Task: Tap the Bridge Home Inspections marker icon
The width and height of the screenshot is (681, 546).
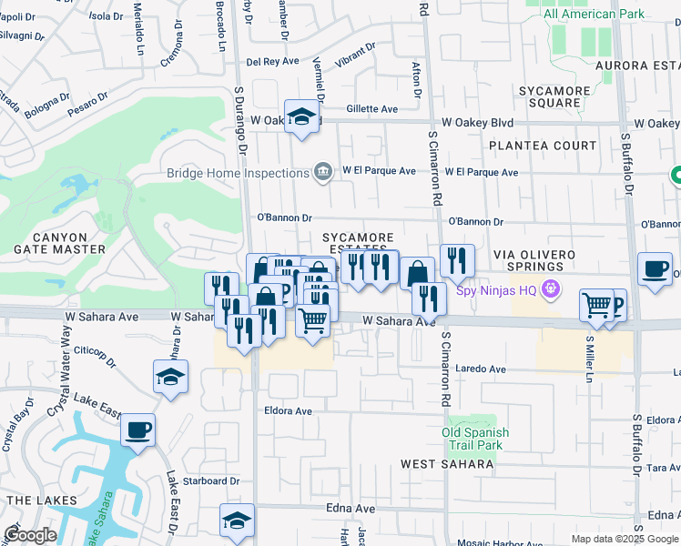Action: pos(322,172)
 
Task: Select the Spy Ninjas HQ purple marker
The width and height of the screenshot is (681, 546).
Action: pos(549,290)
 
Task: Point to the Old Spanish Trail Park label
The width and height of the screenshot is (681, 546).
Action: pos(474,439)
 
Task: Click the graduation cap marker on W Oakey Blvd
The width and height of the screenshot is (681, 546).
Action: pos(301,116)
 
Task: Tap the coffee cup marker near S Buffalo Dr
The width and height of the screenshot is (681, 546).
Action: pos(655,268)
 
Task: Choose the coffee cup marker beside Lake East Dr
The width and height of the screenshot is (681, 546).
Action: pos(137,430)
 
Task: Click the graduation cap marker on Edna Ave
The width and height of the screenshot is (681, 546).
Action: pos(237,520)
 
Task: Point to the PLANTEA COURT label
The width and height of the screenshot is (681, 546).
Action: pos(543,146)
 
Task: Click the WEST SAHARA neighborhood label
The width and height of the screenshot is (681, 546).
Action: pos(448,464)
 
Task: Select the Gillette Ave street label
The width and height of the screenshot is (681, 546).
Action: pos(372,109)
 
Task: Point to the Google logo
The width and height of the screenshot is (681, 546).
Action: pos(30,535)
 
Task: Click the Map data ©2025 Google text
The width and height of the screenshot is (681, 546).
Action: pos(625,539)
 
